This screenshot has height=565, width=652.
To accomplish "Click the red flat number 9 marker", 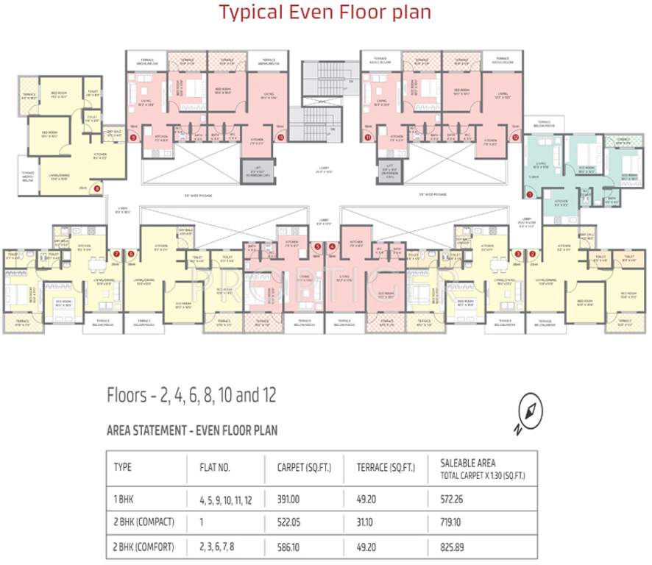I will [133, 137].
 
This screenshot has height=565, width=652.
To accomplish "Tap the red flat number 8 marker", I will [96, 189].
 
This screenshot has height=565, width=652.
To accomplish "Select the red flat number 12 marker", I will [516, 137].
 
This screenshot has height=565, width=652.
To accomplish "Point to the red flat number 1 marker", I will [530, 195].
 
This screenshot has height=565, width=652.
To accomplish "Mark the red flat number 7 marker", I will [116, 254].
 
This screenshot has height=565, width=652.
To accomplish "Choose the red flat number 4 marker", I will [333, 246].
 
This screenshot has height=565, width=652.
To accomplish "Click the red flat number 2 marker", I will [532, 254].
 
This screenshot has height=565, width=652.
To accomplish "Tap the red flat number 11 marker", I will [367, 137].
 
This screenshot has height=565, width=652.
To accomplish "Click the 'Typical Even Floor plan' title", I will [325, 13].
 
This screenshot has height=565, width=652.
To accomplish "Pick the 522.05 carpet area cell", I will [288, 522].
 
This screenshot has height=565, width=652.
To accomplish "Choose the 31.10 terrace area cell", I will [367, 522].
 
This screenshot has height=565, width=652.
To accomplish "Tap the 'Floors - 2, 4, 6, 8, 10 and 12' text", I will [191, 396].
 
